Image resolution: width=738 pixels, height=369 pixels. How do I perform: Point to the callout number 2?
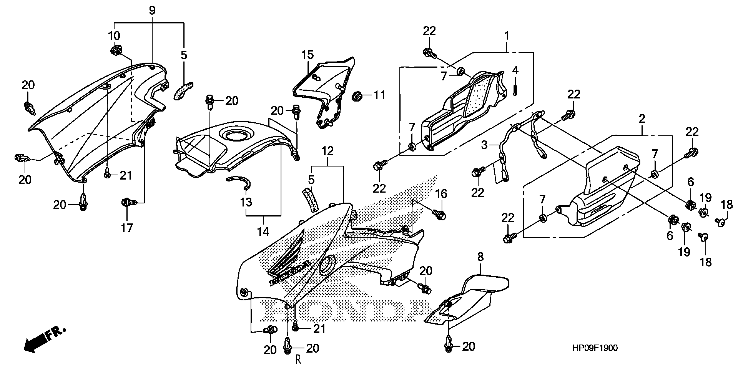tap(642, 119)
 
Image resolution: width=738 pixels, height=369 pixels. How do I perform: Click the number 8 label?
tap(480, 257)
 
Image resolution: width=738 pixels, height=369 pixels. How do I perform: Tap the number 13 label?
tap(246, 202)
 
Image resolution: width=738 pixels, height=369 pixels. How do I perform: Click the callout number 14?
tap(263, 231)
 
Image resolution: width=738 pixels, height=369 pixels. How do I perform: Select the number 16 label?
tap(441, 194)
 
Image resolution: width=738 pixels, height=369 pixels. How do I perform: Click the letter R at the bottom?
tap(298, 360)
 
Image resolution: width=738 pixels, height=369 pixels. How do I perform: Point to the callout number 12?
tap(328, 151)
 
